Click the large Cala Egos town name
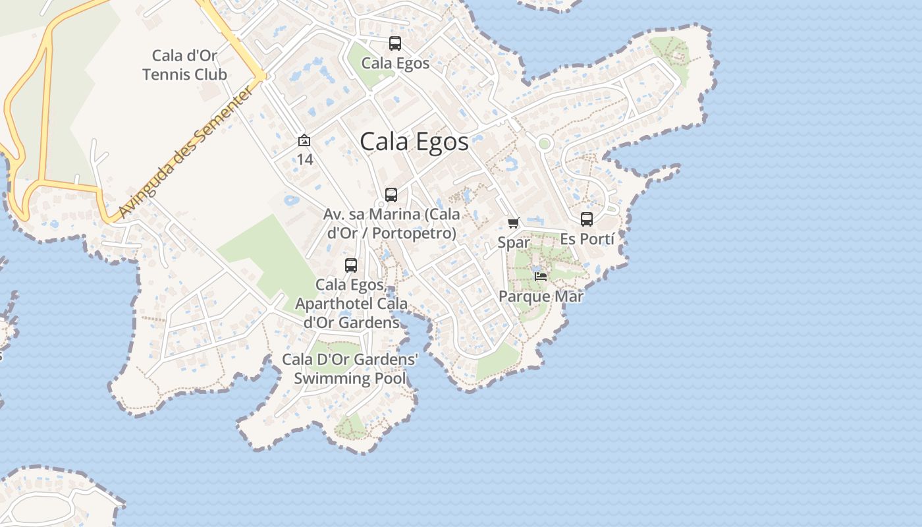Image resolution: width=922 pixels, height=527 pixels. click(x=414, y=142)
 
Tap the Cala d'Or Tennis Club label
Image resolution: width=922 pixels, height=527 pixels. click(x=184, y=65)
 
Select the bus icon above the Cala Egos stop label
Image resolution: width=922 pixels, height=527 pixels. click(x=395, y=43)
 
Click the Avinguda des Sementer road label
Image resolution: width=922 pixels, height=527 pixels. click(x=186, y=152)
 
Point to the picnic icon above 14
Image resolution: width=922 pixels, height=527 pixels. click(x=304, y=140)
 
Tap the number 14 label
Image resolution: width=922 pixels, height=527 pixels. click(x=304, y=159)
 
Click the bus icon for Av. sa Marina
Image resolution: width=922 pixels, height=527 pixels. click(x=391, y=195)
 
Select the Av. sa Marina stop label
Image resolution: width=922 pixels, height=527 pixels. click(x=391, y=224)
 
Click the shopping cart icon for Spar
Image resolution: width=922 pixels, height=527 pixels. click(x=514, y=223)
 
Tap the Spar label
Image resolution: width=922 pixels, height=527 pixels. click(x=514, y=242)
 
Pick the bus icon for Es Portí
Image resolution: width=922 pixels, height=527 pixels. click(x=587, y=219)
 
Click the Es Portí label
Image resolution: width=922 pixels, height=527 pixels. click(x=587, y=239)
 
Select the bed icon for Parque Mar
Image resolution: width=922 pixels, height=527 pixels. click(x=541, y=276)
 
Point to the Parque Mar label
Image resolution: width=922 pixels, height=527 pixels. click(x=541, y=296)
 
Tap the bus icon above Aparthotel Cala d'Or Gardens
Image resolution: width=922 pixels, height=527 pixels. click(x=351, y=265)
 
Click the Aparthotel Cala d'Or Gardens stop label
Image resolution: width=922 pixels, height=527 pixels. click(x=351, y=304)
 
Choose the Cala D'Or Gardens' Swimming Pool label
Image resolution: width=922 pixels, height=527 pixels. click(x=350, y=369)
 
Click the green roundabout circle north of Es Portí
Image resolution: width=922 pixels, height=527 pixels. click(x=544, y=143)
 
